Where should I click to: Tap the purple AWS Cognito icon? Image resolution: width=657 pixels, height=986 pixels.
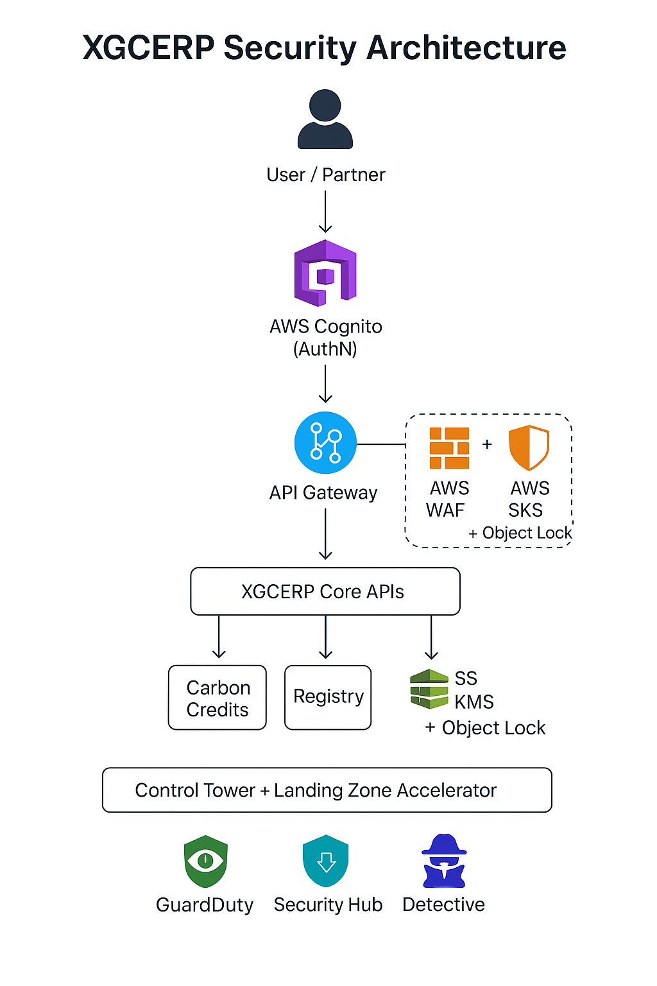(x=325, y=273)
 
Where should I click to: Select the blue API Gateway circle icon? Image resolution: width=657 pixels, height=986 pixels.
(x=325, y=443)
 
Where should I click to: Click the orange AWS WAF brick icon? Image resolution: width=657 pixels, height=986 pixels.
(x=449, y=448)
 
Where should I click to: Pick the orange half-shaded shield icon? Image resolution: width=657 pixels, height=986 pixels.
(x=529, y=447)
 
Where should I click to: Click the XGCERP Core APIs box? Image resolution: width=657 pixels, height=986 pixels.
(x=325, y=591)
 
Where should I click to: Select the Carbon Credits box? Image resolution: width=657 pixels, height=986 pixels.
(x=218, y=698)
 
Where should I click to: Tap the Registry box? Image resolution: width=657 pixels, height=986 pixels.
(x=328, y=698)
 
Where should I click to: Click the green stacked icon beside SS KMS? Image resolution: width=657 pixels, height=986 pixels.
(x=429, y=689)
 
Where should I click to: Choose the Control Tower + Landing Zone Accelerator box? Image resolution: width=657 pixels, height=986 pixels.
(x=327, y=790)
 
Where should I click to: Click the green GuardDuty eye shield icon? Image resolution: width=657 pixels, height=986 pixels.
(x=205, y=861)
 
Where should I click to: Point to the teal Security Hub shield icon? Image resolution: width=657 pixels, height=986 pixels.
(x=326, y=861)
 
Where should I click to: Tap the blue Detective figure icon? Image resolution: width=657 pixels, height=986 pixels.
(x=444, y=861)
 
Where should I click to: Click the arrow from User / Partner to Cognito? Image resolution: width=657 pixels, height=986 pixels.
(x=326, y=212)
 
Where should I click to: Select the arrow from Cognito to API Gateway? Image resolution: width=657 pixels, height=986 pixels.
(x=326, y=383)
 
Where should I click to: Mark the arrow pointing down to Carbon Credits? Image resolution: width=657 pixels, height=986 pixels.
(x=219, y=637)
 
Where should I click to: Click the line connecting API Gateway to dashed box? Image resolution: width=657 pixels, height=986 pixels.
(x=381, y=444)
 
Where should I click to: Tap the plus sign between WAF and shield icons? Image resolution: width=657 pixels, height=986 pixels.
(x=487, y=444)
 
